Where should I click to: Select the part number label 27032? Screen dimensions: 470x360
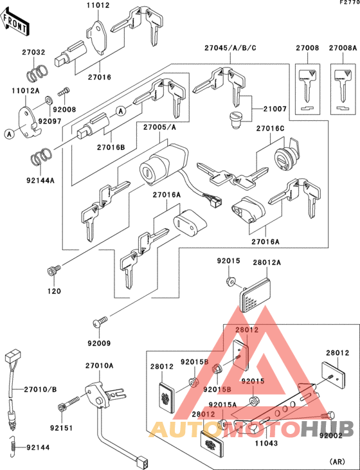point(35,53)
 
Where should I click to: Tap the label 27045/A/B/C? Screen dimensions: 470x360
point(230,48)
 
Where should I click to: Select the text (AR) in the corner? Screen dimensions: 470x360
point(337,461)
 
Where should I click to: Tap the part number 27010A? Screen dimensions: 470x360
point(99,366)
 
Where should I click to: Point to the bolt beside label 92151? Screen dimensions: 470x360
point(66,406)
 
